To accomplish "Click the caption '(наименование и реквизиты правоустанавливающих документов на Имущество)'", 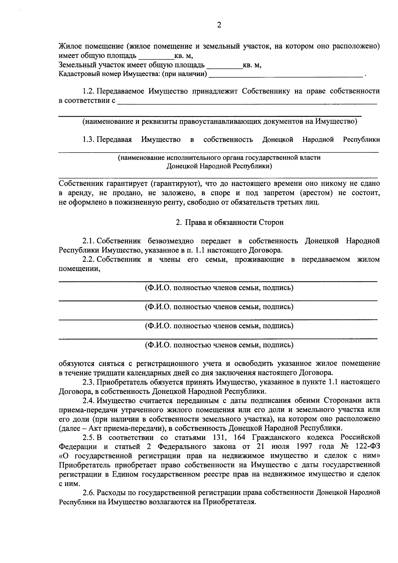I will pos(220,121).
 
